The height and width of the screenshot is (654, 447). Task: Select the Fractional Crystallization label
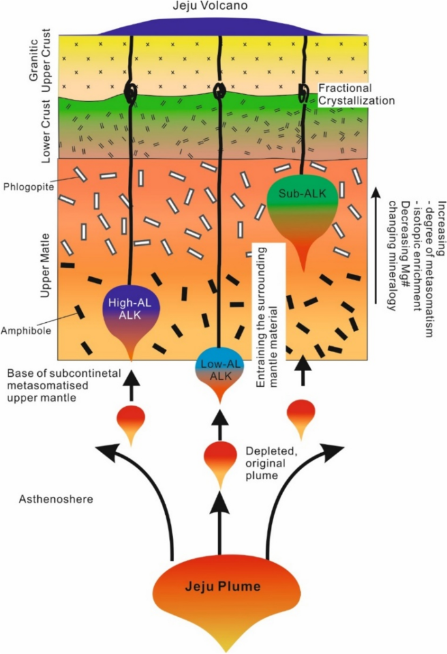tap(357, 95)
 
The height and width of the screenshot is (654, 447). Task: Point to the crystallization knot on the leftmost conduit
tap(130, 94)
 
